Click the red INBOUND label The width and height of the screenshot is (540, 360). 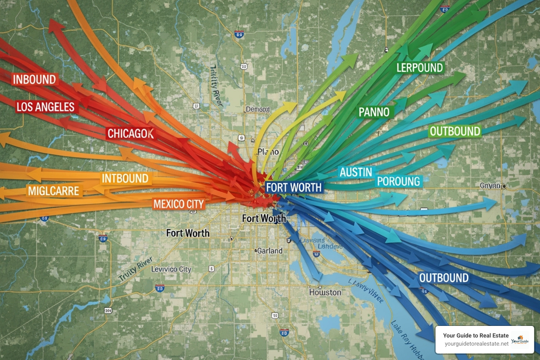pyautogui.click(x=34, y=80)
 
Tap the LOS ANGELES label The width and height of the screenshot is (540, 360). pyautogui.click(x=46, y=107)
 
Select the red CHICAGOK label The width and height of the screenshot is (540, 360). pyautogui.click(x=130, y=134)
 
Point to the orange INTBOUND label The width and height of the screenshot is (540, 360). pyautogui.click(x=125, y=179)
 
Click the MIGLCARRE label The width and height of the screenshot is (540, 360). pyautogui.click(x=53, y=191)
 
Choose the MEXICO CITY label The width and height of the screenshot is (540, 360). pyautogui.click(x=179, y=204)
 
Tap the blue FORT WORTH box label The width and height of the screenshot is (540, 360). pyautogui.click(x=294, y=188)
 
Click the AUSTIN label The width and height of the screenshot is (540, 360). pyautogui.click(x=356, y=172)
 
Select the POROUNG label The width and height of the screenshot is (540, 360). pyautogui.click(x=399, y=181)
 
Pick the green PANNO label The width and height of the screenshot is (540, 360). pyautogui.click(x=374, y=112)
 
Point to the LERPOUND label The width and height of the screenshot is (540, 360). pyautogui.click(x=419, y=68)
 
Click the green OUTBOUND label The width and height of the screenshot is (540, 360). pyautogui.click(x=455, y=131)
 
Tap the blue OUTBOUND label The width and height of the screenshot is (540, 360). pyautogui.click(x=444, y=278)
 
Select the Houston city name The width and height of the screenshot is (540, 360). pyautogui.click(x=325, y=292)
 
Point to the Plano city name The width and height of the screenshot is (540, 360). pyautogui.click(x=268, y=152)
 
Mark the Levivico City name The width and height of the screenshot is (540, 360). pyautogui.click(x=171, y=269)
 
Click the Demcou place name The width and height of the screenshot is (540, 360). pyautogui.click(x=258, y=109)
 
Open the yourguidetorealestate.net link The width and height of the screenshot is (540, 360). pyautogui.click(x=476, y=344)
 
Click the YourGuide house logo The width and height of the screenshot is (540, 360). pyautogui.click(x=520, y=340)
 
